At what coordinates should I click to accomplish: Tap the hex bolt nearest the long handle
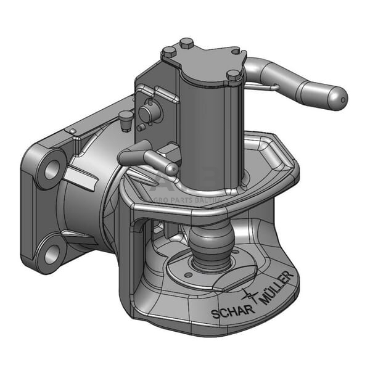[234, 76]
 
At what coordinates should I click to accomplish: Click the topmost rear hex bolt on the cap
[186, 43]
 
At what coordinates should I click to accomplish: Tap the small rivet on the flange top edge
[73, 131]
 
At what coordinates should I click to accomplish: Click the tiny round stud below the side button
[141, 127]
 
